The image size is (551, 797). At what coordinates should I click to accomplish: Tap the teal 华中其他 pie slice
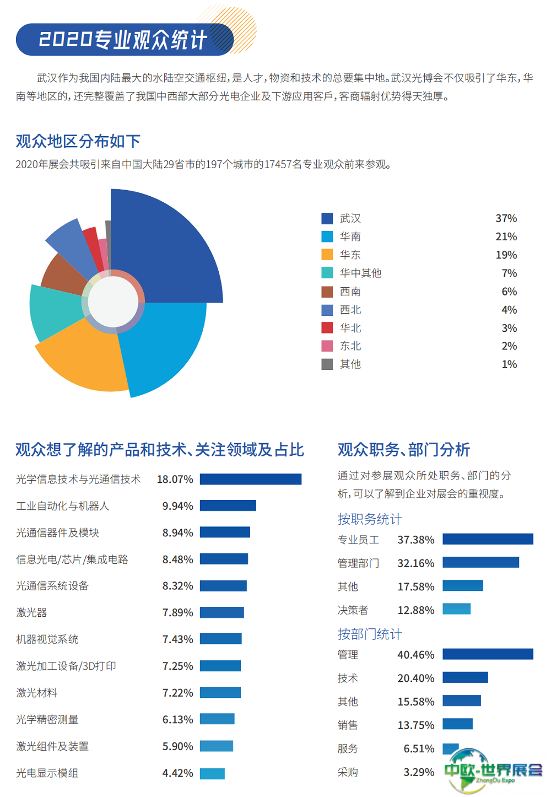point(52,311)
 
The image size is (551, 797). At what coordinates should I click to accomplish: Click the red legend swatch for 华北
point(327,328)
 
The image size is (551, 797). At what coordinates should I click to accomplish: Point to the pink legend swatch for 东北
point(327,346)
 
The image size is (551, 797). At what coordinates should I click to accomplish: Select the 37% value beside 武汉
point(506,219)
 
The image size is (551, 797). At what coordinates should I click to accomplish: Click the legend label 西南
point(350,292)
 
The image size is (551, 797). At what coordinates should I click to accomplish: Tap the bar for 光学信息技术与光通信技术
point(251,480)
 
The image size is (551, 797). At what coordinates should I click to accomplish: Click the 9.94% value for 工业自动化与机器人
point(177,506)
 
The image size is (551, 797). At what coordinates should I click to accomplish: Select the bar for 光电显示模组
point(212,773)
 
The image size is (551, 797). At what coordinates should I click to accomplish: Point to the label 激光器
point(31,613)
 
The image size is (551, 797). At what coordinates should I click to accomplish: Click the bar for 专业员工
point(488,539)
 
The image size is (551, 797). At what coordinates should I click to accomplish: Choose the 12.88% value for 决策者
point(416,610)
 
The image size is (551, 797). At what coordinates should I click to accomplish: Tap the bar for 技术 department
point(465,677)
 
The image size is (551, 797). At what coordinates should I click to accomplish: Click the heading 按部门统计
point(370,634)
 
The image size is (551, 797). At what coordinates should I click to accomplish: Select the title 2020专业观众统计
point(122,40)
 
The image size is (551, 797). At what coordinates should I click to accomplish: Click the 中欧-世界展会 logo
point(492,771)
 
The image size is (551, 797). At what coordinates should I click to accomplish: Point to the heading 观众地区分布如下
point(78,142)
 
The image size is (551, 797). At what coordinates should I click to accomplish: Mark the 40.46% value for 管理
point(416,655)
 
